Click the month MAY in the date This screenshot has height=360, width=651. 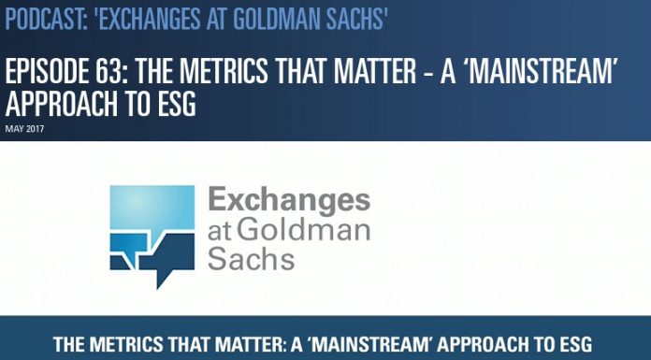tap(11, 125)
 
